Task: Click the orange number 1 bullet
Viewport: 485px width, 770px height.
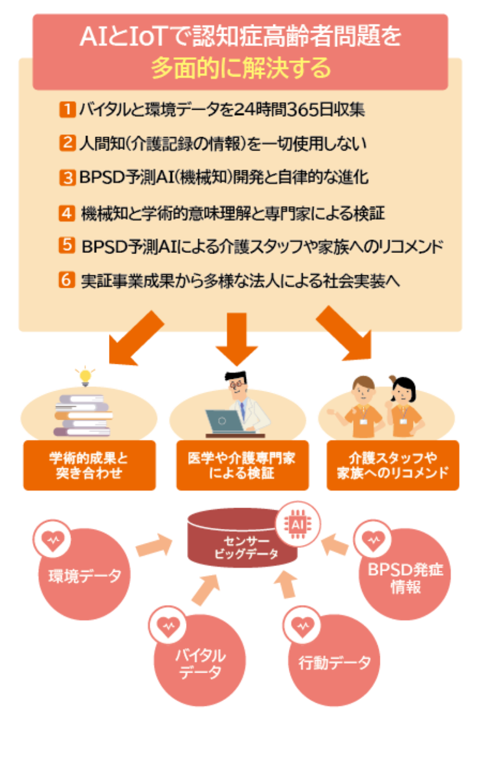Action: click(67, 109)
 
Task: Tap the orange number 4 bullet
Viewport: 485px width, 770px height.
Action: click(67, 213)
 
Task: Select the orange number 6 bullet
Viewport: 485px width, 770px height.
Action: click(67, 280)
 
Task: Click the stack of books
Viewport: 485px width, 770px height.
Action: click(83, 415)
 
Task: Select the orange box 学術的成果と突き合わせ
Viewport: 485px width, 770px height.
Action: click(89, 465)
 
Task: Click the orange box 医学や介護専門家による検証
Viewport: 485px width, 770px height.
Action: click(242, 465)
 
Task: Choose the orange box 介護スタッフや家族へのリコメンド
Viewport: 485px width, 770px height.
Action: click(393, 465)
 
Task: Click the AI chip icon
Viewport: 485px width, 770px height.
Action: click(298, 524)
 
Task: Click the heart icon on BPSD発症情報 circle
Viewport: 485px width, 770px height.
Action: click(372, 541)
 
